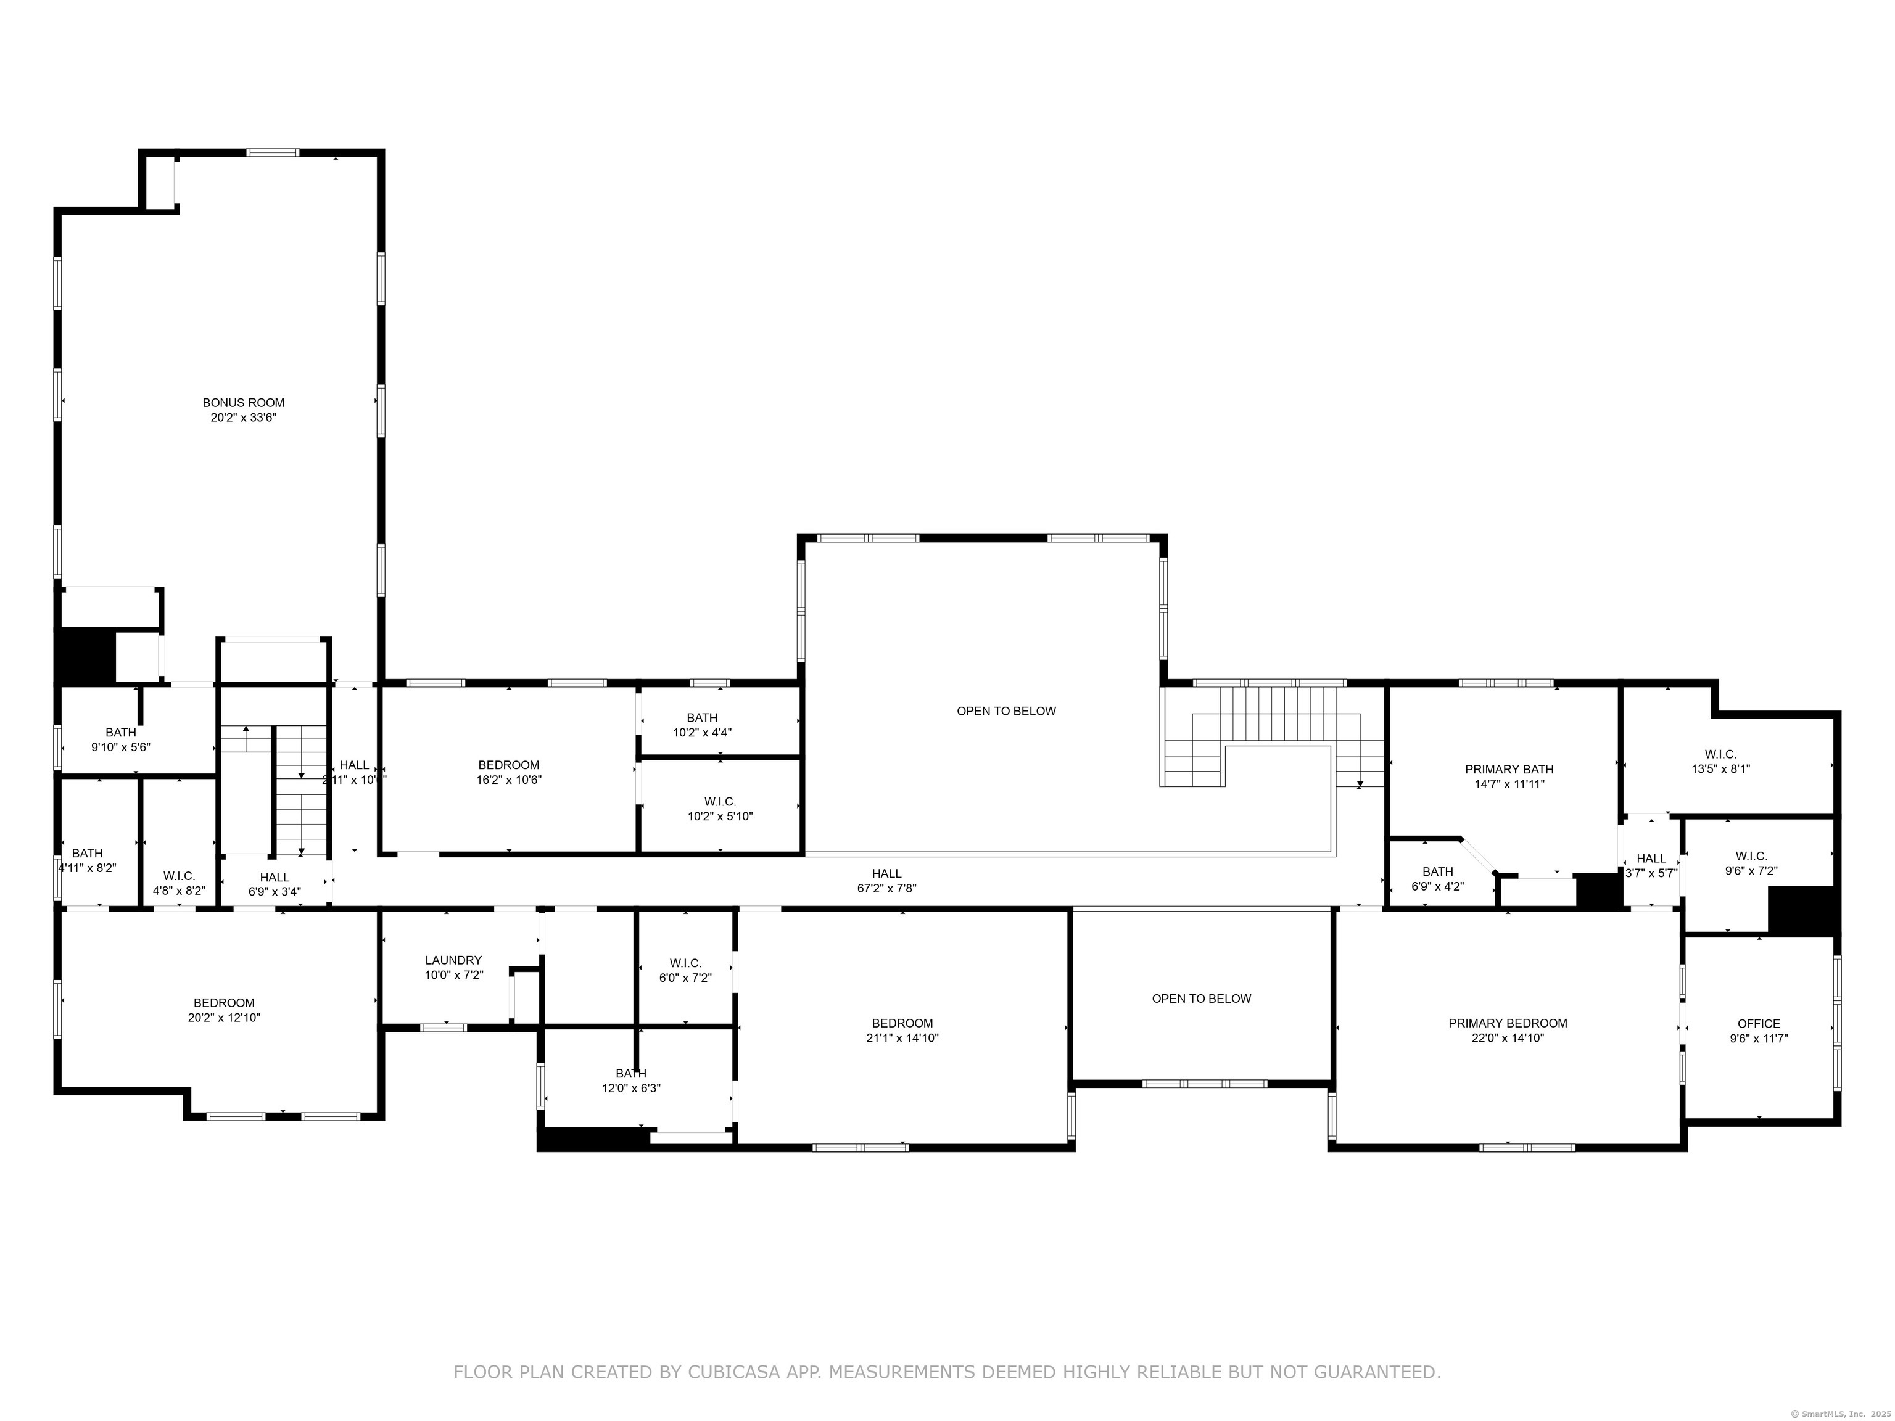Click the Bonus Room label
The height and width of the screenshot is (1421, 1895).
tap(243, 403)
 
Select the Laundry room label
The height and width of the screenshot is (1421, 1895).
tap(453, 960)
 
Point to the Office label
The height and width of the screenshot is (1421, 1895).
tap(1759, 1024)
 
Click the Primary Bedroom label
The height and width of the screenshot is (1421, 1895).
tap(1508, 1023)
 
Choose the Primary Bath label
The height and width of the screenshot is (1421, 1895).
tap(1509, 769)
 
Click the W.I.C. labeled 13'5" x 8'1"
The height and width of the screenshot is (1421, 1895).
tap(1720, 755)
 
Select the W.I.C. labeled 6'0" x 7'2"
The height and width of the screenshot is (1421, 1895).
tap(685, 963)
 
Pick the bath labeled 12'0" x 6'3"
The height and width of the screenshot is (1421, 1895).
tap(632, 1073)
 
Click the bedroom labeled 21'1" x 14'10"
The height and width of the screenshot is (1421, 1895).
tap(902, 1023)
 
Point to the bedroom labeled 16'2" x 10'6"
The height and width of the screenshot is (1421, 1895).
tap(509, 765)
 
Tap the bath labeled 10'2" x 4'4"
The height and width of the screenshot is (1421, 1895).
tap(701, 718)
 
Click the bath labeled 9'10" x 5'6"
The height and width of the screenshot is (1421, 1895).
tap(121, 732)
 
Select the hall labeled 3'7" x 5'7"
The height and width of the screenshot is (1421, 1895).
tap(1651, 859)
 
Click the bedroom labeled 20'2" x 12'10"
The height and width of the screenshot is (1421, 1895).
tap(223, 1003)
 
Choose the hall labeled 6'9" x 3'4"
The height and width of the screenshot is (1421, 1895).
tap(274, 877)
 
